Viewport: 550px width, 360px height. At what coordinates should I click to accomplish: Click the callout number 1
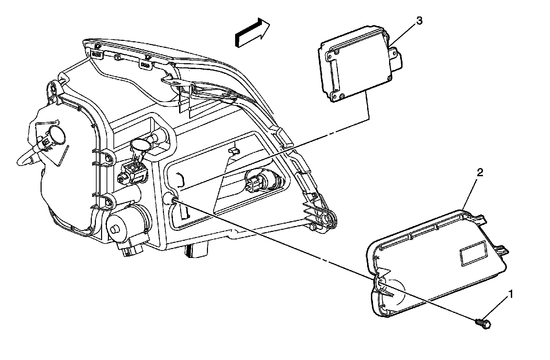pos(512,294)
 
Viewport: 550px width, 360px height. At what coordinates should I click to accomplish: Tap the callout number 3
pos(419,21)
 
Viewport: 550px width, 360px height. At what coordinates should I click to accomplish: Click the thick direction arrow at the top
pos(252,32)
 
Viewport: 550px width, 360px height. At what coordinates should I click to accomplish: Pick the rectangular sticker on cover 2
pos(473,253)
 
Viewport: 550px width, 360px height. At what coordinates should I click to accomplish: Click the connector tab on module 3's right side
pos(398,58)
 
